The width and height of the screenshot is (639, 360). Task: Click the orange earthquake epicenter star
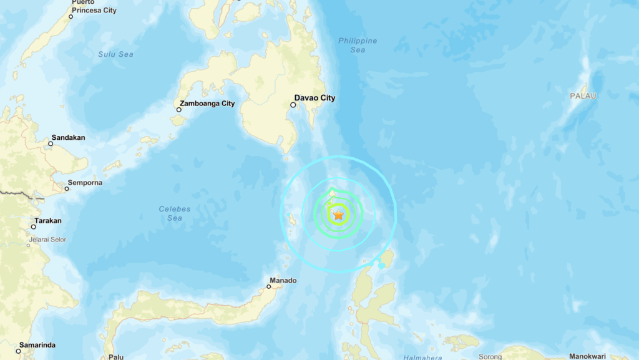pos(338,215)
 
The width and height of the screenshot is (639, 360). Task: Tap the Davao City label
pos(315,98)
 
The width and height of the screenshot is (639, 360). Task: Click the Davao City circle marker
pos(293,105)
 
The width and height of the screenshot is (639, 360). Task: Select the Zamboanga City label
pos(207,103)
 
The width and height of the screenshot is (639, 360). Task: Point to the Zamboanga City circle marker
pos(178,110)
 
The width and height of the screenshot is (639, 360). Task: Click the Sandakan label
pos(69,137)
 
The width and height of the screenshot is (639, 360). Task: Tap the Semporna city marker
pos(67,188)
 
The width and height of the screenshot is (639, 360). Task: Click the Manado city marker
pos(269,287)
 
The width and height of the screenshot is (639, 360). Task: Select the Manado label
pos(283,280)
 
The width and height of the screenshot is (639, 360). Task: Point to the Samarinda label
pos(37,345)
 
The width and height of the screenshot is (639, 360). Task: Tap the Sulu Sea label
pos(115,54)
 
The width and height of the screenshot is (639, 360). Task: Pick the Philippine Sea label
pos(358,45)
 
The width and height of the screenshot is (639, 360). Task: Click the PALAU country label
pos(583,96)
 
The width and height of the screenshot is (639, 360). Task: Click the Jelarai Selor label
pos(47,240)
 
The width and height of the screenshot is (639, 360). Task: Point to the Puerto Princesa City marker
pos(71,16)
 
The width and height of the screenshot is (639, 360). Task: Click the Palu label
pos(115,357)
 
